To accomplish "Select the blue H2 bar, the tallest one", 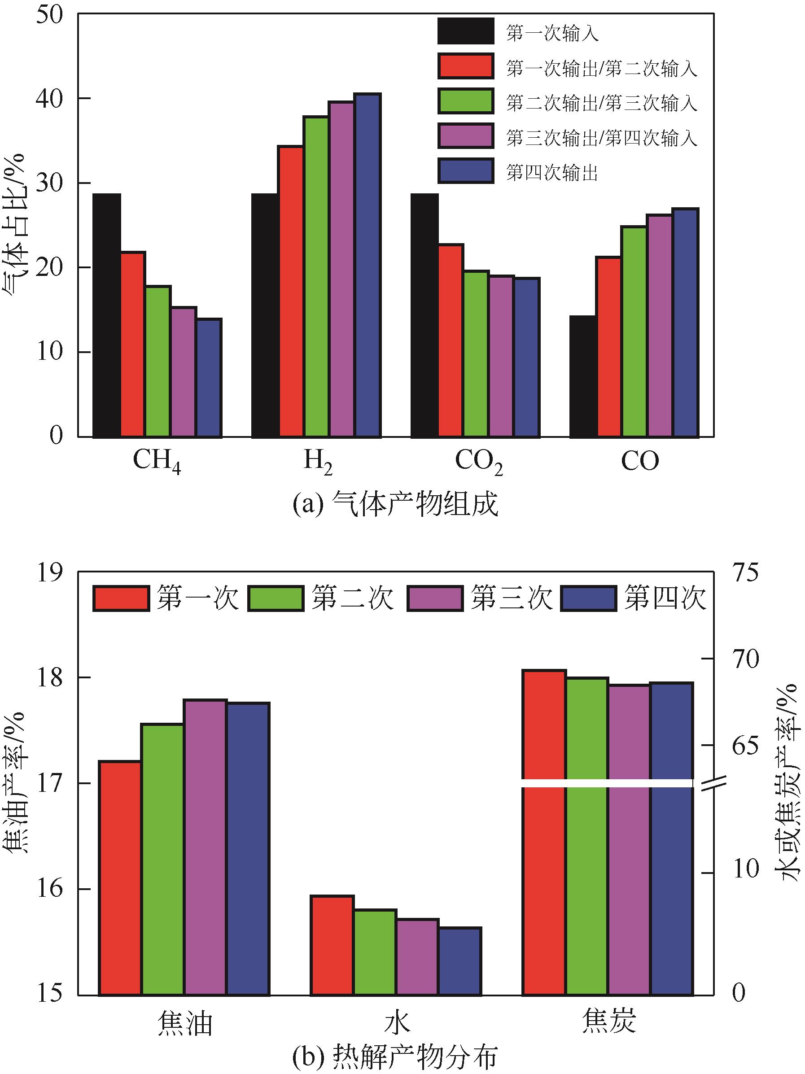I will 367,265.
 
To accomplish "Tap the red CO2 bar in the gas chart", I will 451,341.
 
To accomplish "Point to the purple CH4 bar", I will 183,372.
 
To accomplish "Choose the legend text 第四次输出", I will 551,172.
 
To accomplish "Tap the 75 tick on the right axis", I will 745,572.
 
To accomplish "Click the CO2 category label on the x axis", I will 478,462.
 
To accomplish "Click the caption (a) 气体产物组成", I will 395,505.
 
